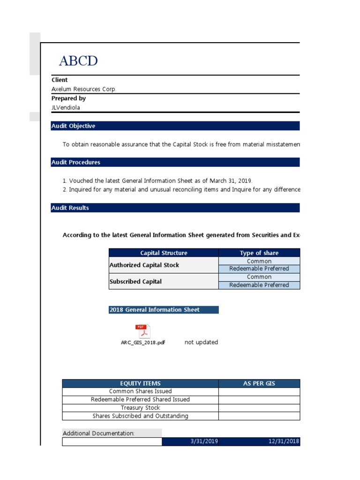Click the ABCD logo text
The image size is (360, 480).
[78, 61]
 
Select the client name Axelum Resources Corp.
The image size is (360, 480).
[84, 89]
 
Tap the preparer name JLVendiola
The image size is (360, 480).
[66, 107]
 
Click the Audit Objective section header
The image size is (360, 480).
[73, 126]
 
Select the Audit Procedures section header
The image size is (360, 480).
[75, 162]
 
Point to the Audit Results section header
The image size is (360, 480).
[70, 208]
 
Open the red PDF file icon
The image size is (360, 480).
[142, 330]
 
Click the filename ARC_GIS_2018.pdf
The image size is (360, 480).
[143, 343]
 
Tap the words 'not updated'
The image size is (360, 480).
[201, 342]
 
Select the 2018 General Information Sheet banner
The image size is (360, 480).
[154, 310]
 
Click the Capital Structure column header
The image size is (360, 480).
[164, 253]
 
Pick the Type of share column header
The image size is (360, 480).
[259, 253]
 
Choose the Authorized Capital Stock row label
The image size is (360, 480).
[144, 265]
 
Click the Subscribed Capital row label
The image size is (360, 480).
[135, 282]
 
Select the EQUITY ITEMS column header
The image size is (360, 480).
[140, 383]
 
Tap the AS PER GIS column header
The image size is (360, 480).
[259, 383]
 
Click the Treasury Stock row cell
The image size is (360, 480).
[140, 408]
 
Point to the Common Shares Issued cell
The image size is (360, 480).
[140, 391]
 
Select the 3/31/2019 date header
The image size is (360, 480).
[204, 442]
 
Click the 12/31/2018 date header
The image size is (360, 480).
[284, 442]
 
